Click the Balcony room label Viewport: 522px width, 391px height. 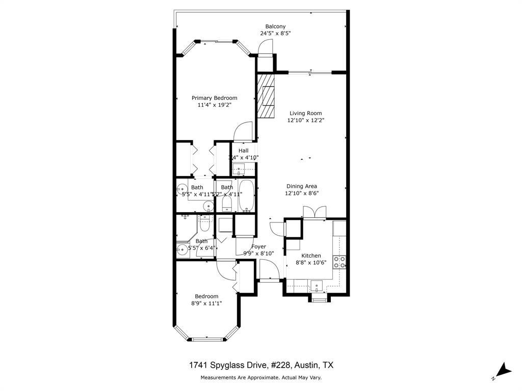275,26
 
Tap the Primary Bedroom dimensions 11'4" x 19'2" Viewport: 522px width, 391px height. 214,105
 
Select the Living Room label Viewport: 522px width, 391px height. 305,114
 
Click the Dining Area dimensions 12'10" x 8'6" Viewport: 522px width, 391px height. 302,193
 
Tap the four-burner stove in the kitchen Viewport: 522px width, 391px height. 340,262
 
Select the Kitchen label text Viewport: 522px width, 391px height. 311,256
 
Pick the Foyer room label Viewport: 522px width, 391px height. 258,246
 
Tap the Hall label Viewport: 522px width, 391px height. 243,151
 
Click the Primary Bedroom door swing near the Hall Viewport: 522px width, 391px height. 244,131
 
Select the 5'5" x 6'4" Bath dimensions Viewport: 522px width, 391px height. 202,248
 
